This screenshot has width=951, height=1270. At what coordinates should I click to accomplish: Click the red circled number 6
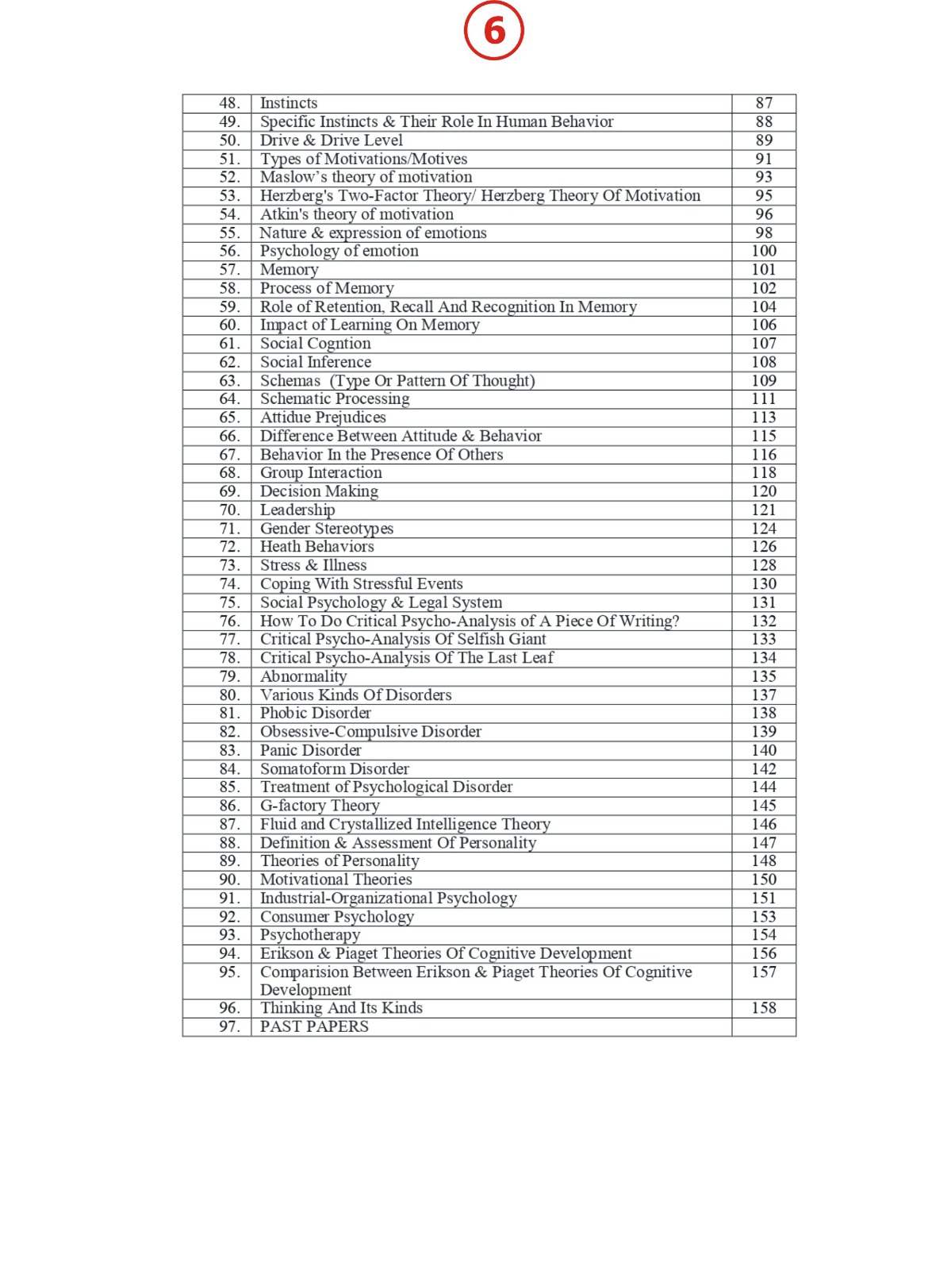click(x=493, y=31)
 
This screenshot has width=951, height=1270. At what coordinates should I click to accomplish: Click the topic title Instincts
click(x=289, y=103)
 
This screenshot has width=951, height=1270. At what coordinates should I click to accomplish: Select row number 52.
click(x=229, y=177)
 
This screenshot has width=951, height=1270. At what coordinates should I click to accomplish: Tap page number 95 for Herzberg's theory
click(x=763, y=195)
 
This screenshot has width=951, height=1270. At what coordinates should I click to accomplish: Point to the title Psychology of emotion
click(x=339, y=251)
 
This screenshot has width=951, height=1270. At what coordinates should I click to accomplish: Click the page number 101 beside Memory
click(x=763, y=270)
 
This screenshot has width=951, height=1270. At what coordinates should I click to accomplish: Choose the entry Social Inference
click(x=316, y=362)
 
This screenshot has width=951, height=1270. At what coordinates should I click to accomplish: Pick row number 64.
click(x=229, y=398)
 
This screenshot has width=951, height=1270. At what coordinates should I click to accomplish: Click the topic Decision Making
click(x=319, y=491)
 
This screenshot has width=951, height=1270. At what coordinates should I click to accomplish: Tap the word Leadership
click(x=297, y=510)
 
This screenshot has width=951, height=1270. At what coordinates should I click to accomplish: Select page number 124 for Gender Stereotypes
click(x=763, y=529)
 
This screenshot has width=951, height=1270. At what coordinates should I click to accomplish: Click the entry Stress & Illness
click(x=313, y=565)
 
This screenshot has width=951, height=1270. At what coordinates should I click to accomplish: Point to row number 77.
click(x=229, y=639)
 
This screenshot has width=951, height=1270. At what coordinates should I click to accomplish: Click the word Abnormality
click(x=303, y=676)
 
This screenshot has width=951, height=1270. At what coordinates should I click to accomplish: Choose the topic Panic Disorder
click(x=310, y=750)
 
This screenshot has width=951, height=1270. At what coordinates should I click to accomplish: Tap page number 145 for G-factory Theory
click(x=763, y=806)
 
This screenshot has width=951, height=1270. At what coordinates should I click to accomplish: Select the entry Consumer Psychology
click(x=336, y=917)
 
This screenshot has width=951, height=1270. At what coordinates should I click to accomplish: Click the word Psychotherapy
click(x=309, y=935)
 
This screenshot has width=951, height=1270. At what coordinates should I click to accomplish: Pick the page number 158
click(x=763, y=1008)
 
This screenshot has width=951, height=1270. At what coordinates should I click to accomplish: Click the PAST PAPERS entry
click(x=314, y=1027)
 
